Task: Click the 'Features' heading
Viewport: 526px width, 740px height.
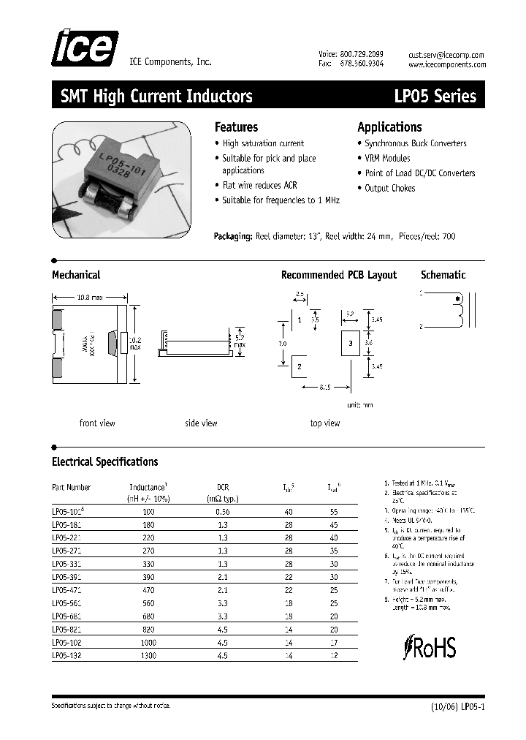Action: (x=236, y=127)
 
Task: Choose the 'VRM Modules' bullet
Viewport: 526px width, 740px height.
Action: (x=387, y=158)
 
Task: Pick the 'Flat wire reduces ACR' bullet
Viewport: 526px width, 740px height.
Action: (x=259, y=186)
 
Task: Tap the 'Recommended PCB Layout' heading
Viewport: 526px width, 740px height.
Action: (x=339, y=275)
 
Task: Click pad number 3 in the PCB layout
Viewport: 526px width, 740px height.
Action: (x=350, y=343)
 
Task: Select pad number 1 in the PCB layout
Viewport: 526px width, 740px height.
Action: (x=300, y=320)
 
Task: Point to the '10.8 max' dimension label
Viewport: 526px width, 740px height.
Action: (x=91, y=297)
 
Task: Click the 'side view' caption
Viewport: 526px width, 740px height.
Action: (x=201, y=423)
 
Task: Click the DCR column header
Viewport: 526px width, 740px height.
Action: (x=224, y=486)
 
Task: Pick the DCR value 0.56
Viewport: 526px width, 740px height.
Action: (x=224, y=512)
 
